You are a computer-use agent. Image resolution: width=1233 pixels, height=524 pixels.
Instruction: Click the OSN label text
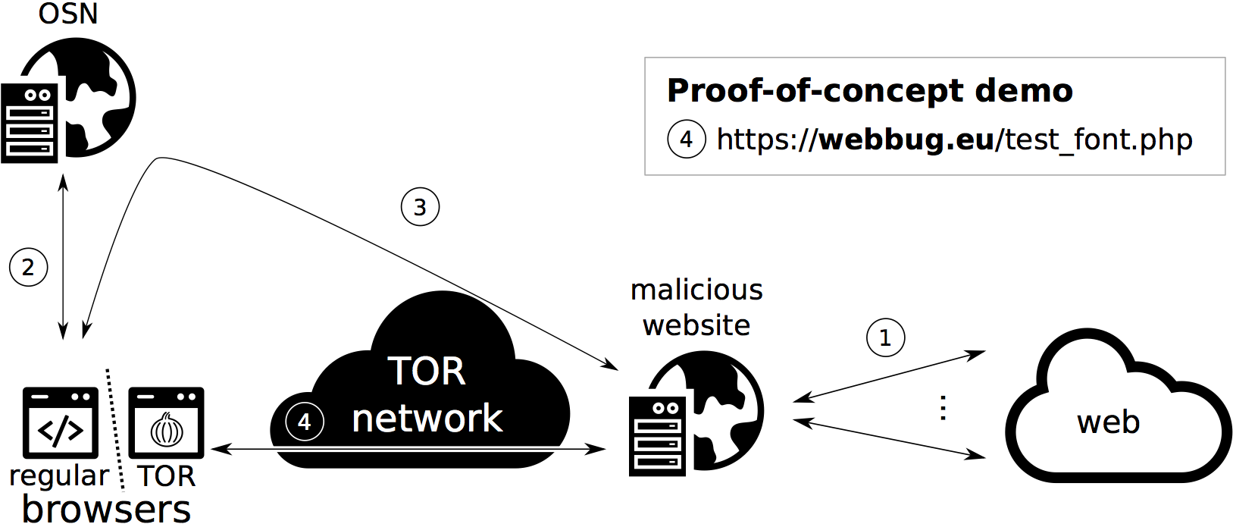click(68, 14)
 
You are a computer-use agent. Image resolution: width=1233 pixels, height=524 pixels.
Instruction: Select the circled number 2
click(28, 268)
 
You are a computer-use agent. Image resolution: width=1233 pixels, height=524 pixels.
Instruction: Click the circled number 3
click(420, 207)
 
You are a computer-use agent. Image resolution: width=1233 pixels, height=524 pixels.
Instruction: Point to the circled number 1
click(885, 337)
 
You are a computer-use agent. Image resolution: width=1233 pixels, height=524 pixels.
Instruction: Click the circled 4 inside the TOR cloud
click(305, 422)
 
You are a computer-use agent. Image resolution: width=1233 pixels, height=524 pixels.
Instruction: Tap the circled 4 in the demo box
click(686, 140)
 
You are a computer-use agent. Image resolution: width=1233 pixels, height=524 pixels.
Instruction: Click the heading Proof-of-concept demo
click(869, 91)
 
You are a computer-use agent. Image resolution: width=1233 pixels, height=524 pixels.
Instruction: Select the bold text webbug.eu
click(906, 140)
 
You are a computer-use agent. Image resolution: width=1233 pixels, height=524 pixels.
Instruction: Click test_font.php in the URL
click(1099, 140)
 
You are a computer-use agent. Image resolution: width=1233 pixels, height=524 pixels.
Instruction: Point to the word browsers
click(106, 509)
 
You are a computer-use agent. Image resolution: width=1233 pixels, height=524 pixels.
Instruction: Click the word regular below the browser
click(59, 476)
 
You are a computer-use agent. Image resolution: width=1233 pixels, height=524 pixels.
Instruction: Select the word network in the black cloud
click(427, 419)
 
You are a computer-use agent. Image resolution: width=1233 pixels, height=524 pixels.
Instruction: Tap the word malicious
click(696, 290)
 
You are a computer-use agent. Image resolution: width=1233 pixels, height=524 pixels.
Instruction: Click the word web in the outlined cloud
click(1108, 422)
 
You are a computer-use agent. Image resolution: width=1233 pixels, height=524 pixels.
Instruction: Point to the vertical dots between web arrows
click(943, 407)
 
